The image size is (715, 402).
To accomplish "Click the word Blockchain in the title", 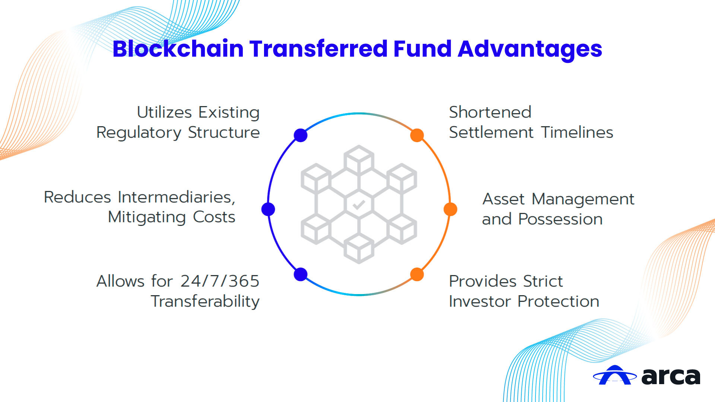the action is coord(178,49).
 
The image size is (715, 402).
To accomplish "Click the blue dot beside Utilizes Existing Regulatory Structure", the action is coord(301,135).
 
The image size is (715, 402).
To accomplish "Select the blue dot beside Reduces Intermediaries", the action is coord(268,209).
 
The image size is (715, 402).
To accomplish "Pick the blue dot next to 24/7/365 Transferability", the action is coord(301,274).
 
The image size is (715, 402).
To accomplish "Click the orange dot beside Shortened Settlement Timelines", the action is coord(417,135).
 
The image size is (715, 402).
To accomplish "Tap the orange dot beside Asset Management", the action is coord(451,209).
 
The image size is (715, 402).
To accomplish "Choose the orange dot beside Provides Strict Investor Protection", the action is coord(417,274).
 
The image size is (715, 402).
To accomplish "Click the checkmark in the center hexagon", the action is coord(359,205).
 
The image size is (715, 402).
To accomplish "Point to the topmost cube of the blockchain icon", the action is coord(359,159).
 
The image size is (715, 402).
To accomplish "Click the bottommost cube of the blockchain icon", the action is coord(359,249).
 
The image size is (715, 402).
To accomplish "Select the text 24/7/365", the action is coord(220,281).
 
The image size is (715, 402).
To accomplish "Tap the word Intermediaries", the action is coord(177,197).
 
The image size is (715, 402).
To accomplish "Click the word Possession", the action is coord(560,219).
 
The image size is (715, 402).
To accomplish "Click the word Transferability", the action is coord(205,302).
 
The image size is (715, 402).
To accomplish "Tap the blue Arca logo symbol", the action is coord(615,375).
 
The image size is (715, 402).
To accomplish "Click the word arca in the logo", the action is coord(671,376).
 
